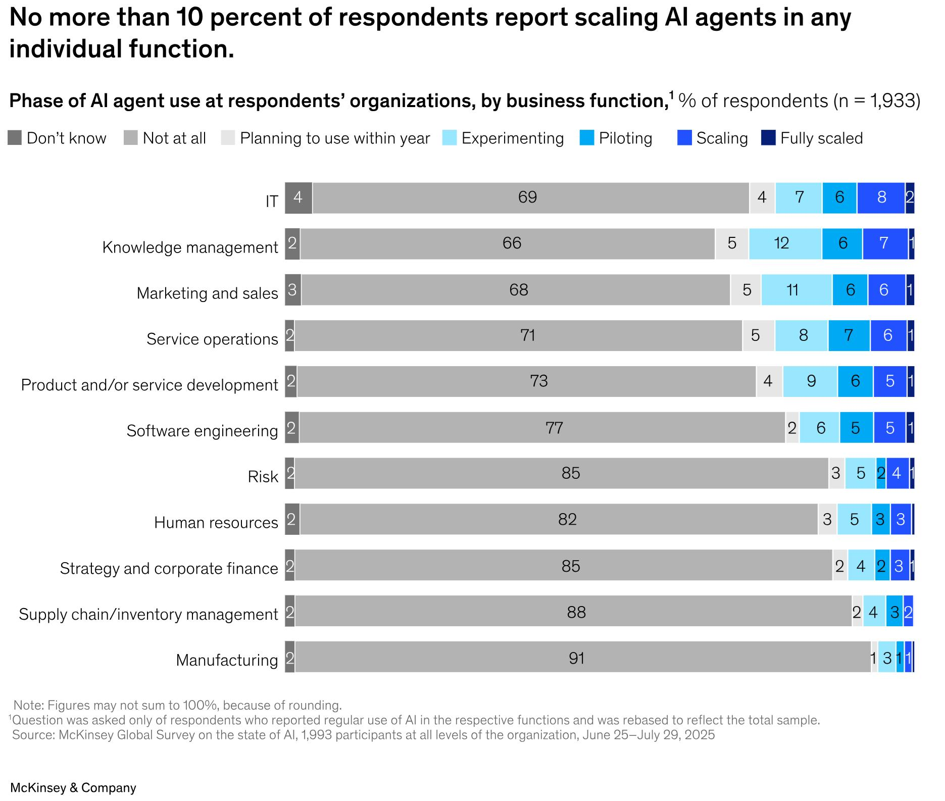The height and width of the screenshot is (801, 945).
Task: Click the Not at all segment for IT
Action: coord(530,198)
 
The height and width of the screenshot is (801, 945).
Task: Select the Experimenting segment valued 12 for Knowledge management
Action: coord(785,244)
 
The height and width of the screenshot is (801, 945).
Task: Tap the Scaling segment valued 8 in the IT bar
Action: coord(881,198)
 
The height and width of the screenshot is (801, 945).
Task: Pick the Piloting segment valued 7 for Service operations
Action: coord(849,335)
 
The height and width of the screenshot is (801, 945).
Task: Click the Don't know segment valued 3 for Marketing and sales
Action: coord(293,290)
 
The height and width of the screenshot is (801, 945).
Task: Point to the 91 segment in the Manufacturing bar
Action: coord(583,657)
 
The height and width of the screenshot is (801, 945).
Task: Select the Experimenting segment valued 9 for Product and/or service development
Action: coord(810,381)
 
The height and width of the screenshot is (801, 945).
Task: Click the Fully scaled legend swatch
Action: coord(768,137)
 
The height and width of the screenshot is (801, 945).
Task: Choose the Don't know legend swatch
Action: coord(15,138)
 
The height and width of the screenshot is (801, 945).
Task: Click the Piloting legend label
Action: coord(625,138)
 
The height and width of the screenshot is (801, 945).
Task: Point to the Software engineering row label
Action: coord(202,431)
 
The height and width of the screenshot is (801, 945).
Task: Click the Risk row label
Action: coord(263,477)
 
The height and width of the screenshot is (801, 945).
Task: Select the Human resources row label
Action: coord(216,522)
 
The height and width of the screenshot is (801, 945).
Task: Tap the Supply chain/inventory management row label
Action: coord(148,614)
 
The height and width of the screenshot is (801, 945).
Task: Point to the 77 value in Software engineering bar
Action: coord(554,428)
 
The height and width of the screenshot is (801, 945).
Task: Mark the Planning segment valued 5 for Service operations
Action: coord(758,335)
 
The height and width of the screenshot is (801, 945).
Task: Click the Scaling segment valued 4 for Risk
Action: coord(898,473)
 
